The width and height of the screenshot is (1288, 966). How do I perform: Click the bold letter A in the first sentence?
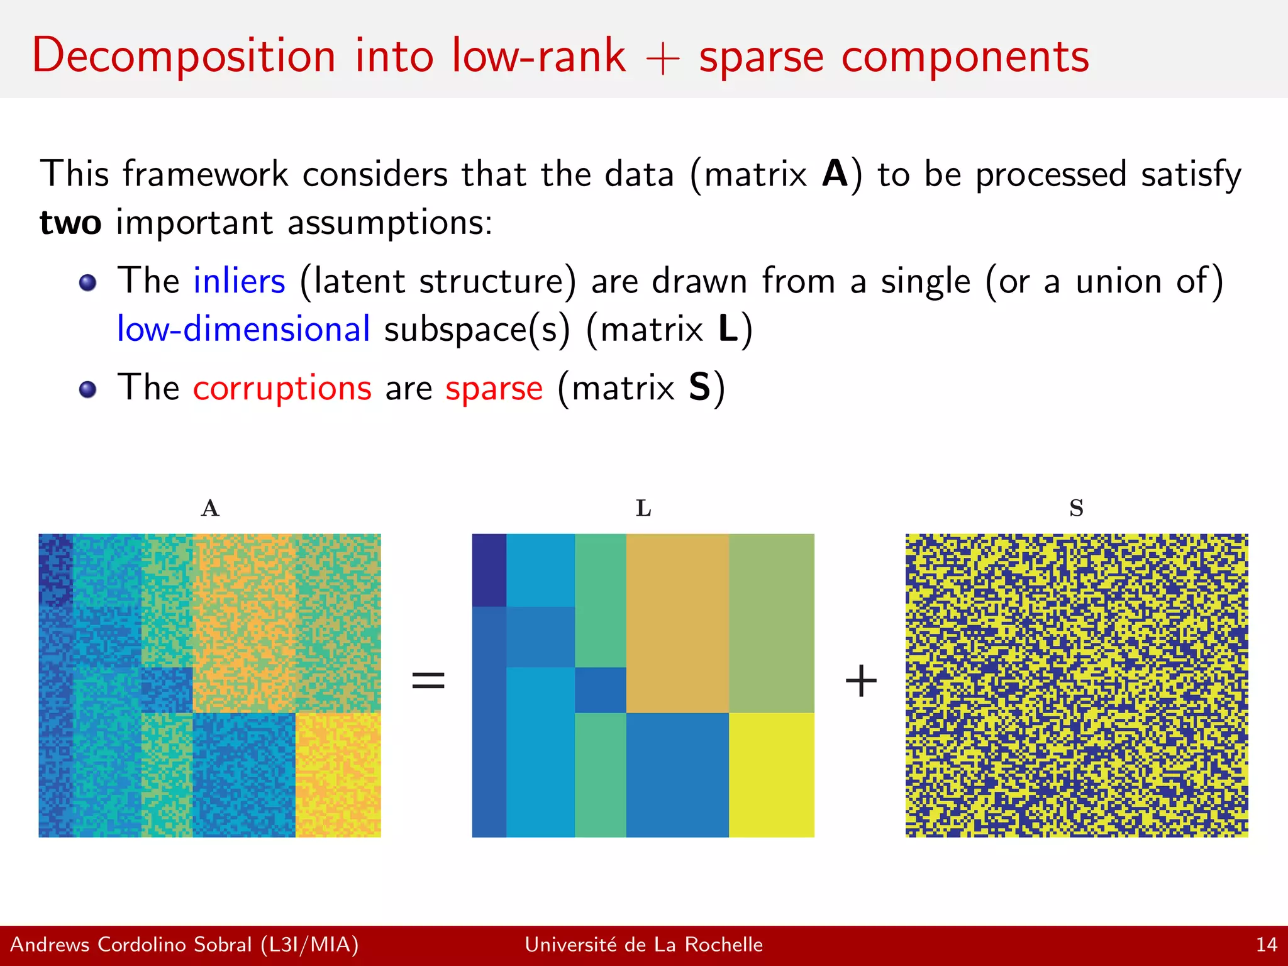[835, 174]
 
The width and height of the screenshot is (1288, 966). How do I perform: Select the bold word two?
[70, 223]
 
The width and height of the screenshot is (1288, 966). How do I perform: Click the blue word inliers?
[239, 280]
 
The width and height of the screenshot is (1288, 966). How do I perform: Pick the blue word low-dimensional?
[243, 330]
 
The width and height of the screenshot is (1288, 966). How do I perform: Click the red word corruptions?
[282, 387]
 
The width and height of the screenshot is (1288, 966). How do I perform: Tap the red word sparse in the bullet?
[494, 387]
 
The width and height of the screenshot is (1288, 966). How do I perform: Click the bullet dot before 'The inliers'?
[88, 283]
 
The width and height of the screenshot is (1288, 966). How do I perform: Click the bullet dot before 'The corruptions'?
[88, 389]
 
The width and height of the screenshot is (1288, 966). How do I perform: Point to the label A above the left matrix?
[210, 508]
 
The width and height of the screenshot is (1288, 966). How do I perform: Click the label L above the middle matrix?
[643, 508]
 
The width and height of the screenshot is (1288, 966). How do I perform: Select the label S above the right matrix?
[1076, 508]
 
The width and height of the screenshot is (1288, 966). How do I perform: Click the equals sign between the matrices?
[428, 680]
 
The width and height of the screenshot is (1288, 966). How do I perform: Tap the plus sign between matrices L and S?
[860, 681]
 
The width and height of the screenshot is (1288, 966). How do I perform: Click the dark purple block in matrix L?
[489, 570]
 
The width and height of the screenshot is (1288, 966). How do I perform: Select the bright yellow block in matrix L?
[771, 774]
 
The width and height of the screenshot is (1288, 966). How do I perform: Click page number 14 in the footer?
[1266, 945]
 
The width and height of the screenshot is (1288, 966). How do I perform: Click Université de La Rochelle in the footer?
[643, 945]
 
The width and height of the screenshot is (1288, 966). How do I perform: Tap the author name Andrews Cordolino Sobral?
[131, 945]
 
